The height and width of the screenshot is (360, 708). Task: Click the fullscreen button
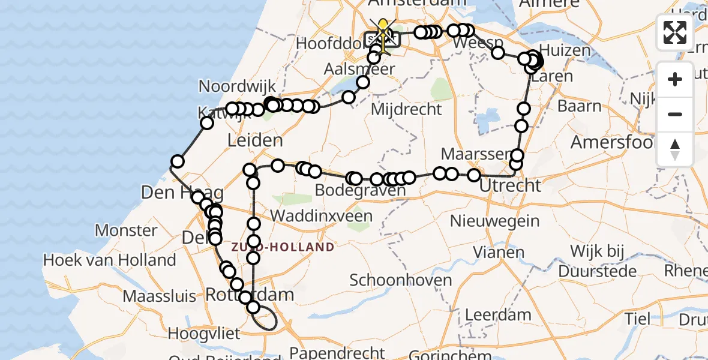click(x=675, y=32)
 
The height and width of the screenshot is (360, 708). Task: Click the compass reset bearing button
click(x=675, y=149)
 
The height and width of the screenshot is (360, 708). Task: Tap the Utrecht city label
click(x=510, y=185)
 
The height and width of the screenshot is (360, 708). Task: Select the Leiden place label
click(x=255, y=141)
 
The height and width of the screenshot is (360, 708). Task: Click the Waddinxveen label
click(x=321, y=216)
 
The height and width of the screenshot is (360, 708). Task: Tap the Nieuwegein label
click(x=495, y=221)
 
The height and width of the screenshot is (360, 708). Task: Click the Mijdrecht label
click(x=406, y=110)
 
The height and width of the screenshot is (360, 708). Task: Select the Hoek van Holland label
click(x=109, y=260)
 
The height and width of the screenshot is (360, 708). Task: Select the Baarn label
click(x=579, y=106)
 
